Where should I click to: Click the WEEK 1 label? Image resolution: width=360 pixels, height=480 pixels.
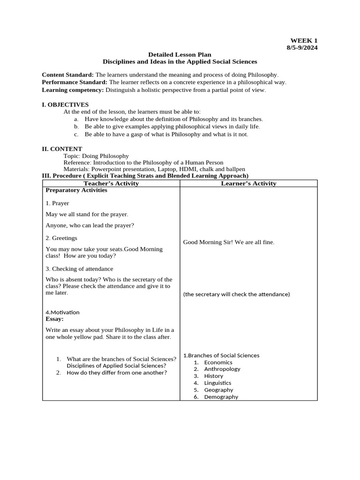304,41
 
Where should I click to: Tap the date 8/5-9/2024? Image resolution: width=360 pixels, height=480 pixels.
302,48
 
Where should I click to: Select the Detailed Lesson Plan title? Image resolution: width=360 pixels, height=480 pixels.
180,55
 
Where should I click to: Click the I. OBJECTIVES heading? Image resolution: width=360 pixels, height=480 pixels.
65,105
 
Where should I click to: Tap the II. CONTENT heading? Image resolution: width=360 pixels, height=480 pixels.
62,149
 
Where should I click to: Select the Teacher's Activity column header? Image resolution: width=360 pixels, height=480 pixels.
111,183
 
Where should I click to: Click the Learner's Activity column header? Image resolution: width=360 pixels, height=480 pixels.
248,183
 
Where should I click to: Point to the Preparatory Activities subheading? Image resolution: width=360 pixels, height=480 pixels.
76,190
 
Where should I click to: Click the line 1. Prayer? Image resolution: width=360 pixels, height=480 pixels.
57,203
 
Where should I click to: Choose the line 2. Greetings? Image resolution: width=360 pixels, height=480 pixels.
61,238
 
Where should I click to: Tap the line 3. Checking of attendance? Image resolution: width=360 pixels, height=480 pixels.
79,269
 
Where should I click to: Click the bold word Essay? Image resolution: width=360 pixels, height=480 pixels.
54,319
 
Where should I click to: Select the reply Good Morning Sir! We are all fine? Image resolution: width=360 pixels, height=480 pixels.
228,242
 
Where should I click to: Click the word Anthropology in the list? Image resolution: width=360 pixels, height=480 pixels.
222,369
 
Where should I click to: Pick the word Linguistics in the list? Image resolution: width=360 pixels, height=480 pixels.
217,383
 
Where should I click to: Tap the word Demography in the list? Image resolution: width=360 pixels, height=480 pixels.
221,397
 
